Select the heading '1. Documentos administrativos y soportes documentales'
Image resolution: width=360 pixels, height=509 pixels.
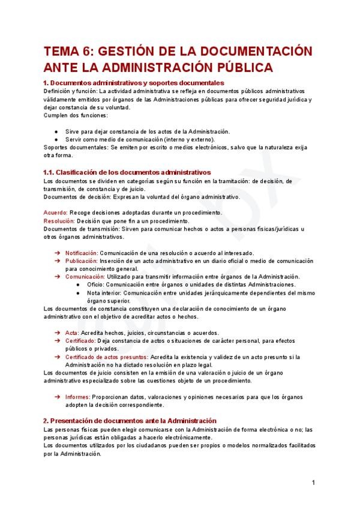[134, 82]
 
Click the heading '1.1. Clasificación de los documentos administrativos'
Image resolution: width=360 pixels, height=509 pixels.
[127, 172]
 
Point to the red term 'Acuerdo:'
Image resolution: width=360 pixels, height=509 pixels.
[56, 213]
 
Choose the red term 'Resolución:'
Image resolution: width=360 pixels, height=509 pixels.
[59, 221]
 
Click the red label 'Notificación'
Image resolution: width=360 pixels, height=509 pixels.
[81, 253]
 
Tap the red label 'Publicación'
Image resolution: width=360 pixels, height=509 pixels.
[81, 261]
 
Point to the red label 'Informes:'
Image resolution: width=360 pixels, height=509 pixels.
[78, 397]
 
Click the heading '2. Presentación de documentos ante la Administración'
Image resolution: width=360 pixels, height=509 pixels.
[130, 421]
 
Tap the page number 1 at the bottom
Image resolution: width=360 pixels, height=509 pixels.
[313, 483]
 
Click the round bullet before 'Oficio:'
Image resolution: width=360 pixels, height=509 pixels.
[80, 285]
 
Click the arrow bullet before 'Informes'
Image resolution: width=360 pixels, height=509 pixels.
[57, 397]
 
